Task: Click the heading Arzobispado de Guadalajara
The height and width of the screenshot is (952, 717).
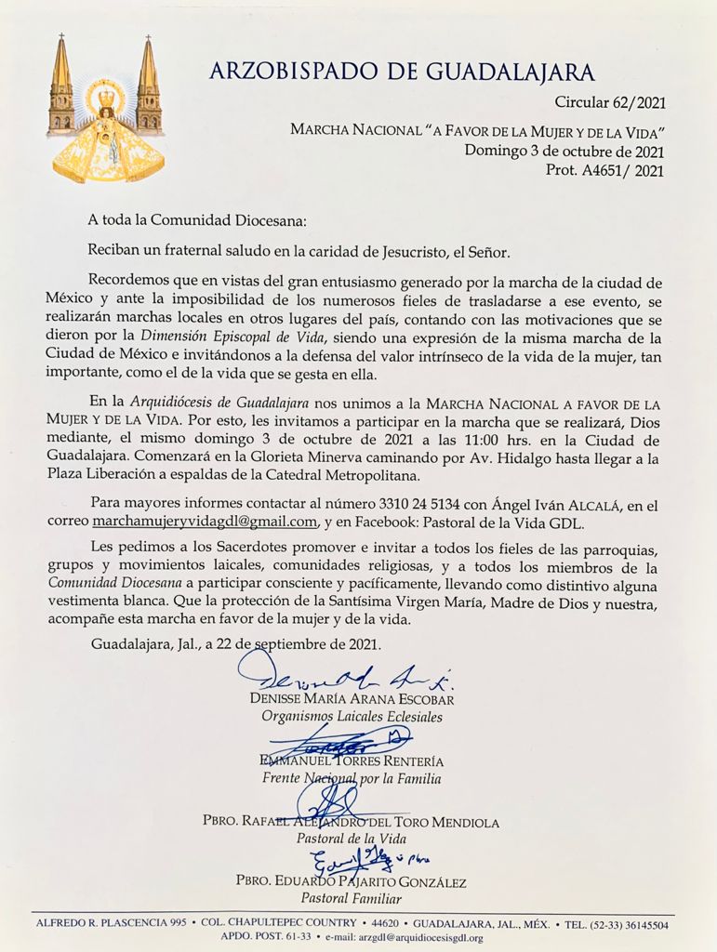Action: (402, 72)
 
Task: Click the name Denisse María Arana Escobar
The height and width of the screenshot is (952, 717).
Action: (352, 698)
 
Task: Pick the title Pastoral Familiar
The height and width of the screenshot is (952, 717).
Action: (351, 898)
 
